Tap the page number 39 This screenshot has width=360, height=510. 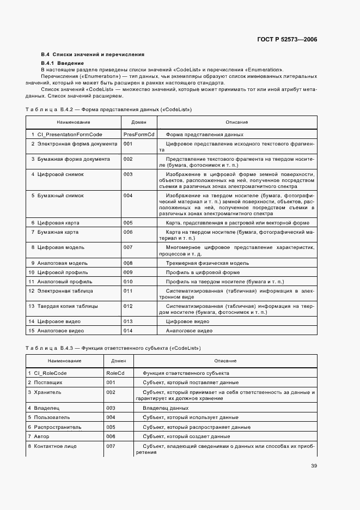314,465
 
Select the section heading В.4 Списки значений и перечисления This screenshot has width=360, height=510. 93,54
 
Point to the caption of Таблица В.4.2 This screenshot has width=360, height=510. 109,110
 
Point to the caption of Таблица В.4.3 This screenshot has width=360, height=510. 113,348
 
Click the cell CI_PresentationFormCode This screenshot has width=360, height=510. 68,134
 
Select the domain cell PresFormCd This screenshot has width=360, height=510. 139,134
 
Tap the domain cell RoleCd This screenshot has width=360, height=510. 116,373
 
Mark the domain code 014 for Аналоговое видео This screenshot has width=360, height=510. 128,331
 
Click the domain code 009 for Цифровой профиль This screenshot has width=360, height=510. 128,272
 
